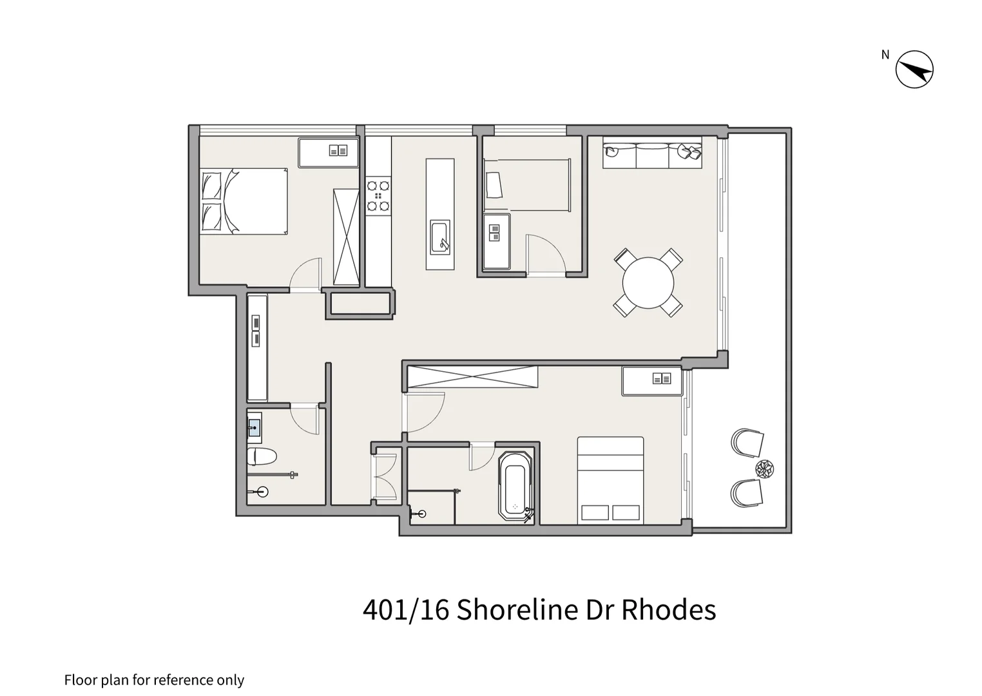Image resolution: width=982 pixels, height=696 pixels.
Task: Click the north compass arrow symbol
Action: click(x=914, y=69)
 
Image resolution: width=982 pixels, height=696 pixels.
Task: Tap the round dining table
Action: click(x=648, y=282)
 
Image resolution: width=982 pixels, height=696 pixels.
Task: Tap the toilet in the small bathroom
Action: click(x=262, y=456)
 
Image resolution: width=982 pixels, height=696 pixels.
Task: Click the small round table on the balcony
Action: click(x=765, y=469)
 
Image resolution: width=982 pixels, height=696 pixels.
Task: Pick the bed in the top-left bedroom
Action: click(x=244, y=201)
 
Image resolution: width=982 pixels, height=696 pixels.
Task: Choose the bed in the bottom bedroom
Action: click(x=610, y=479)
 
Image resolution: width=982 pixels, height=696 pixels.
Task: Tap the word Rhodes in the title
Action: click(x=668, y=610)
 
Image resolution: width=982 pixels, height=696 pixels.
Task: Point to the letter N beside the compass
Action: click(x=885, y=55)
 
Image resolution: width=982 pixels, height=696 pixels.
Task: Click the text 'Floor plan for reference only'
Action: click(x=154, y=680)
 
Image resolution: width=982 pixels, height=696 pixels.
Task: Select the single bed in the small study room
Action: click(x=527, y=185)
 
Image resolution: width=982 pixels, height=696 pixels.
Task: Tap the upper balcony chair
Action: click(x=747, y=442)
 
